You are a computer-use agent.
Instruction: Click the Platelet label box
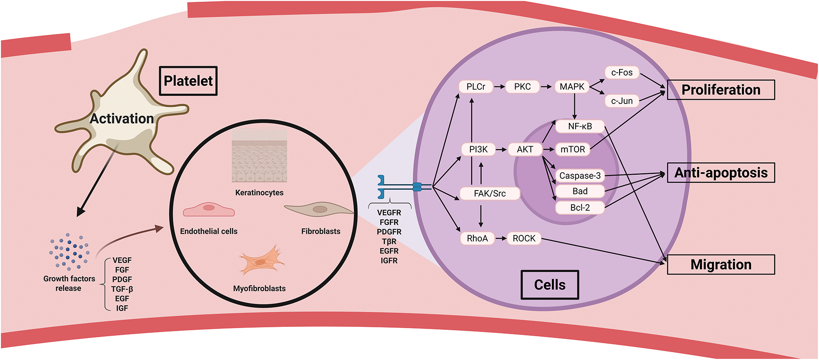click(188, 81)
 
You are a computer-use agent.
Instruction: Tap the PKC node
click(522, 87)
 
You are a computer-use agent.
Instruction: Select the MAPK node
click(572, 87)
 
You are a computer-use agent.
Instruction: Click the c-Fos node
click(622, 73)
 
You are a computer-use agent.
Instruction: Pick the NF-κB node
click(580, 126)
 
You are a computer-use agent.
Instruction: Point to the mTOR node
click(573, 150)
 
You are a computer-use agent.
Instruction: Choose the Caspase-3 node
click(580, 176)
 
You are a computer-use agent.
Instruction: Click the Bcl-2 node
click(580, 208)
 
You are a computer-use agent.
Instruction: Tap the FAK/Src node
click(490, 194)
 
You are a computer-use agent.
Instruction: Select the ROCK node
click(524, 239)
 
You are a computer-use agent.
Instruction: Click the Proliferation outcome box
click(721, 90)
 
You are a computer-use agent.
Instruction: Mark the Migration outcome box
click(721, 265)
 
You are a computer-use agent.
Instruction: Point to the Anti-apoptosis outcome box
click(721, 173)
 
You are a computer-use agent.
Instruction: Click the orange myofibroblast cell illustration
click(261, 261)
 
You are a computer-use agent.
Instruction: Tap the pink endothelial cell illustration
click(209, 210)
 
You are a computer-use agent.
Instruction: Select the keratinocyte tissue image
click(259, 156)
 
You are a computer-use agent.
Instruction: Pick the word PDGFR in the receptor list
click(389, 232)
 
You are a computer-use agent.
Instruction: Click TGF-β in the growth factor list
click(122, 289)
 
